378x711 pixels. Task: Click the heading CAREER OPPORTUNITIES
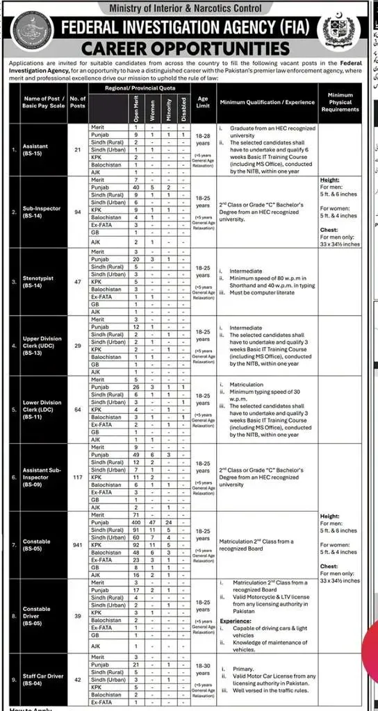183,48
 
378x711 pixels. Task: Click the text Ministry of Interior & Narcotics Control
188,8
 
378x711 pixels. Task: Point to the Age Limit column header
202,102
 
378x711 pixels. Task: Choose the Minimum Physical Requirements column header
340,102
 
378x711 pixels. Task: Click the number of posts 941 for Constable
78,545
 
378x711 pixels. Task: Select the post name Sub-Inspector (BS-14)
43,212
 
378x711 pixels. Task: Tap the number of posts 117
78,478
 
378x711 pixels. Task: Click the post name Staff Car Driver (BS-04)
45,680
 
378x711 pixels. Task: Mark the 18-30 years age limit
202,668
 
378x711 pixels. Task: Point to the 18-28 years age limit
202,139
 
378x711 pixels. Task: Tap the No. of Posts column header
78,102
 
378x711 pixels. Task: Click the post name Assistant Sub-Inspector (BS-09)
43,478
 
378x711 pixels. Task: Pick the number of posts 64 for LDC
78,410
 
